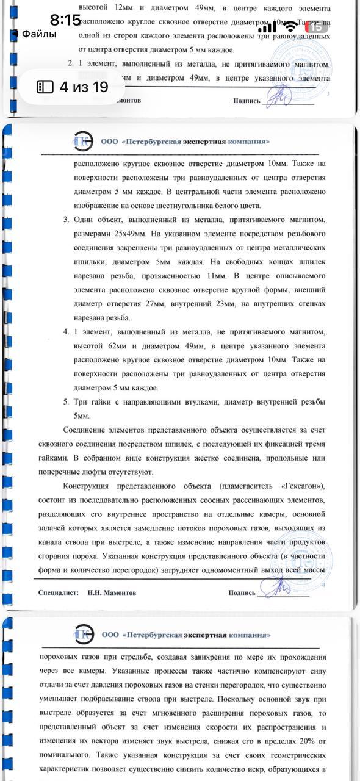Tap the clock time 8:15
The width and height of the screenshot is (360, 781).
[65, 20]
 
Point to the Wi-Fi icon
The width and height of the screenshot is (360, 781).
[291, 26]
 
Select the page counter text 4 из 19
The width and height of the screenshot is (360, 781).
[84, 87]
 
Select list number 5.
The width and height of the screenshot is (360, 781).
[65, 401]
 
